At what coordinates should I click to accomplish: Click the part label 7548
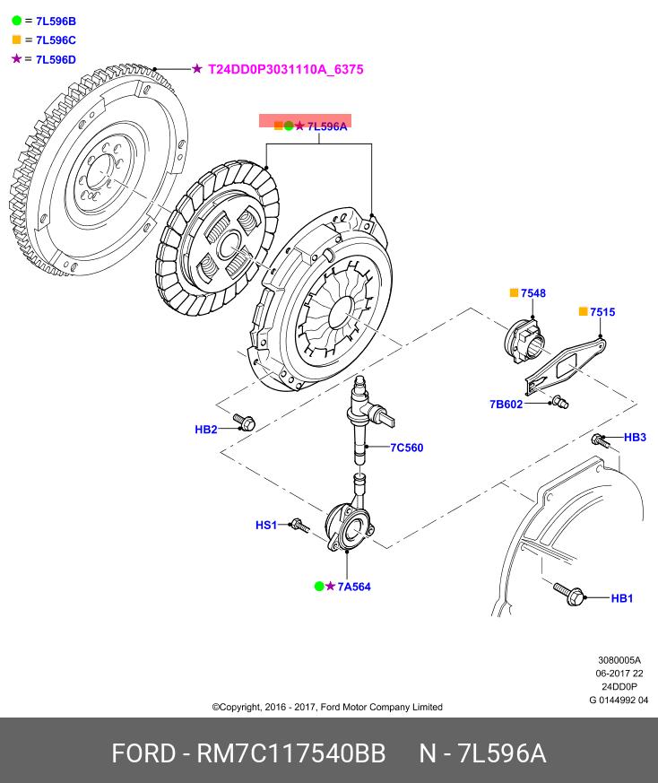coord(533,293)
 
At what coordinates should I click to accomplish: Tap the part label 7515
coord(602,312)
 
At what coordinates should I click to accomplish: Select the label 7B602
coord(506,405)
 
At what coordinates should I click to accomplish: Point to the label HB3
coord(635,438)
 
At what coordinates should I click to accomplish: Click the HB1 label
coord(622,598)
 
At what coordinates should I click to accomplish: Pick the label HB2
coord(206,430)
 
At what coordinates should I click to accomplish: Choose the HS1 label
coord(266,526)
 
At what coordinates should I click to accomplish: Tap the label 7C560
coord(406,448)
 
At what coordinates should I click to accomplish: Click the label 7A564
coord(354,587)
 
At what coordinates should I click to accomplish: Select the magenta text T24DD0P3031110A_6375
coord(286,69)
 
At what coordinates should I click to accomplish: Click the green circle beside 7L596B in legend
coord(16,20)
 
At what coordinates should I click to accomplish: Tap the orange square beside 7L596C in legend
coord(16,39)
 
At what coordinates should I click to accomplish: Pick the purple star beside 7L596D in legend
coord(16,59)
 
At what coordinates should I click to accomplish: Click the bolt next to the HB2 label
coord(244,421)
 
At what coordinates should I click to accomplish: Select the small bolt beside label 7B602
coord(558,402)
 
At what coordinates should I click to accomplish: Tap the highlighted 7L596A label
coord(326,126)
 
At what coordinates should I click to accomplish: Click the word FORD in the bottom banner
coord(143,753)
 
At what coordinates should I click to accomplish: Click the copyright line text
coord(327,707)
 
